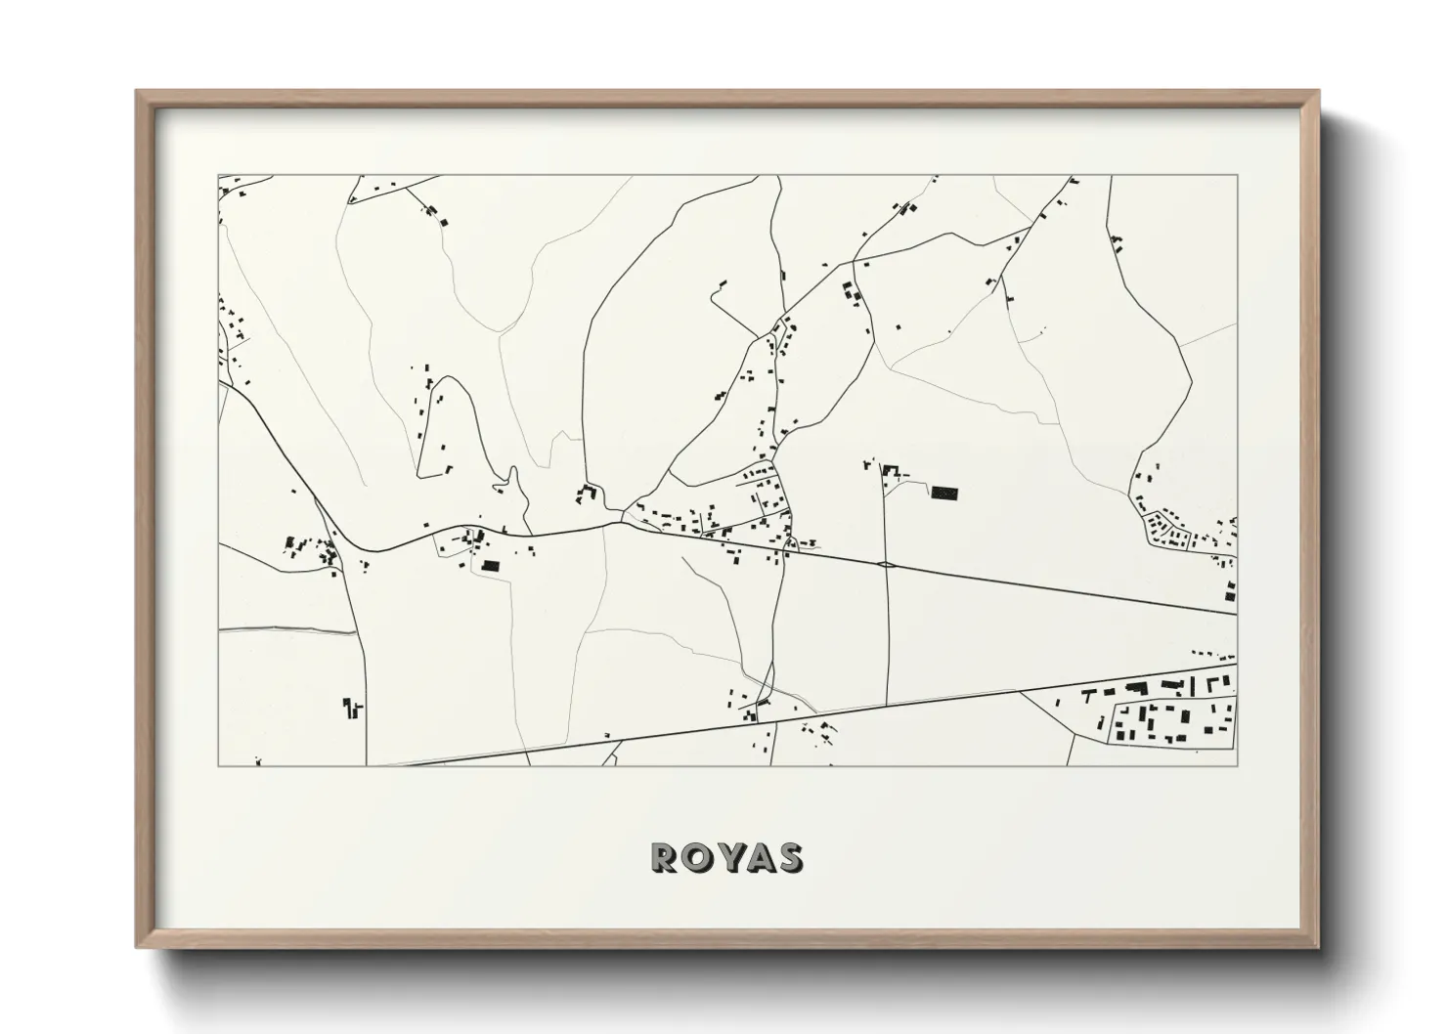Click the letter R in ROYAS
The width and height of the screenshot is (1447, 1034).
click(663, 857)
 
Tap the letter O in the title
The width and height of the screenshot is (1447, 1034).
click(694, 857)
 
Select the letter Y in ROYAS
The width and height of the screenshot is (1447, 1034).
click(726, 857)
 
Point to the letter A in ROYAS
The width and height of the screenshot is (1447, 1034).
click(757, 857)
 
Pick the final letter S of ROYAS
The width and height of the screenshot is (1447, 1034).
click(789, 857)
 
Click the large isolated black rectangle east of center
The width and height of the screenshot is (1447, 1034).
click(943, 494)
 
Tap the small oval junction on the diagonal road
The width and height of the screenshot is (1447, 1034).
click(886, 564)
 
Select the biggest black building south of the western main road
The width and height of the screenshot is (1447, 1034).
click(490, 565)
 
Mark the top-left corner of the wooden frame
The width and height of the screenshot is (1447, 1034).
click(138, 92)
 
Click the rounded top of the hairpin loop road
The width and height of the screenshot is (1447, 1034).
click(448, 378)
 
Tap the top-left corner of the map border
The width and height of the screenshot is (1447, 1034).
click(218, 176)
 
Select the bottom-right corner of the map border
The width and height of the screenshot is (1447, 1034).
click(1237, 765)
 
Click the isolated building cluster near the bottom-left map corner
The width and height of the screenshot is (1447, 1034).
click(352, 707)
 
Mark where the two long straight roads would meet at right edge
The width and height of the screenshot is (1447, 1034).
click(1236, 614)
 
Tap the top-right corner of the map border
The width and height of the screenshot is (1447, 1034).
click(1237, 176)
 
